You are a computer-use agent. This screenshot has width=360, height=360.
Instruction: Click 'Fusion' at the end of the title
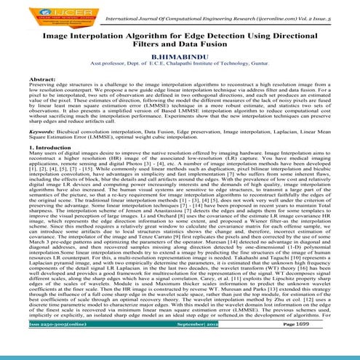tap(220, 43)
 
